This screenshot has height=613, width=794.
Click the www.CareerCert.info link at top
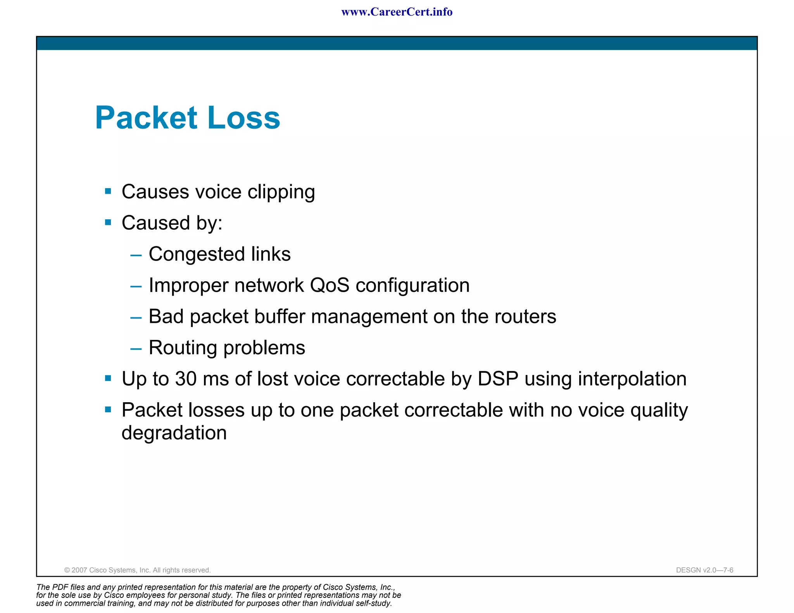(397, 12)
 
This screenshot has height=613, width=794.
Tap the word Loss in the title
(244, 117)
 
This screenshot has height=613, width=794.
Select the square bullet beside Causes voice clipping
(108, 191)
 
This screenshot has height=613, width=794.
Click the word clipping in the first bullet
(281, 192)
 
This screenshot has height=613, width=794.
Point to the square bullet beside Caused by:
(108, 222)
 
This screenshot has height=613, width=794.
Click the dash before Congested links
(136, 255)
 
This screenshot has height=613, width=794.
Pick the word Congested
(197, 255)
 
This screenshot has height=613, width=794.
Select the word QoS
(330, 286)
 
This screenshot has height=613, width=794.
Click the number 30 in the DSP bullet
(186, 379)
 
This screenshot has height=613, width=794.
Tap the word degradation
(174, 433)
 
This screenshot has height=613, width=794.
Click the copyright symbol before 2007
(67, 570)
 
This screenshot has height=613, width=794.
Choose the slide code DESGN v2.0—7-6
(704, 570)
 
